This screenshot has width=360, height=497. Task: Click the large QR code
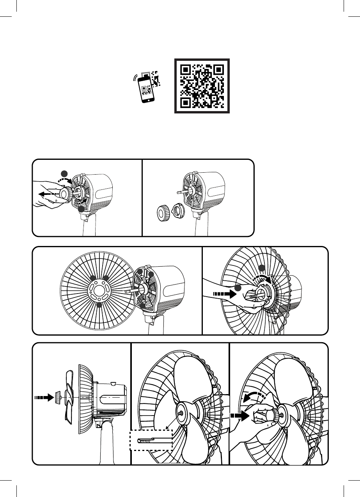point(202,86)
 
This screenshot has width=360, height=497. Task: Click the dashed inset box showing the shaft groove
point(151,440)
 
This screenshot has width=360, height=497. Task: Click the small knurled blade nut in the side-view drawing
point(58,398)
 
